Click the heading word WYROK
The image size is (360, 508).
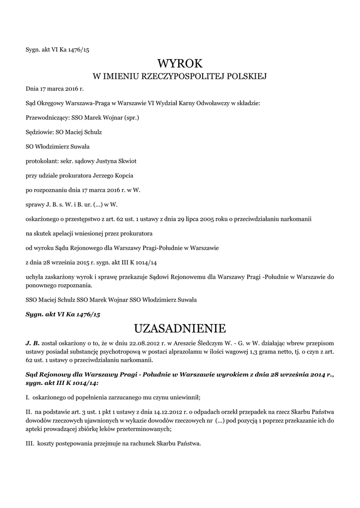[180, 63]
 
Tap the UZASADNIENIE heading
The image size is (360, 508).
[180, 328]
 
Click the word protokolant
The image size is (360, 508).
[41, 161]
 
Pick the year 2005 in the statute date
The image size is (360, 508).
[199, 219]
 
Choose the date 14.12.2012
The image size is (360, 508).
[174, 411]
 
